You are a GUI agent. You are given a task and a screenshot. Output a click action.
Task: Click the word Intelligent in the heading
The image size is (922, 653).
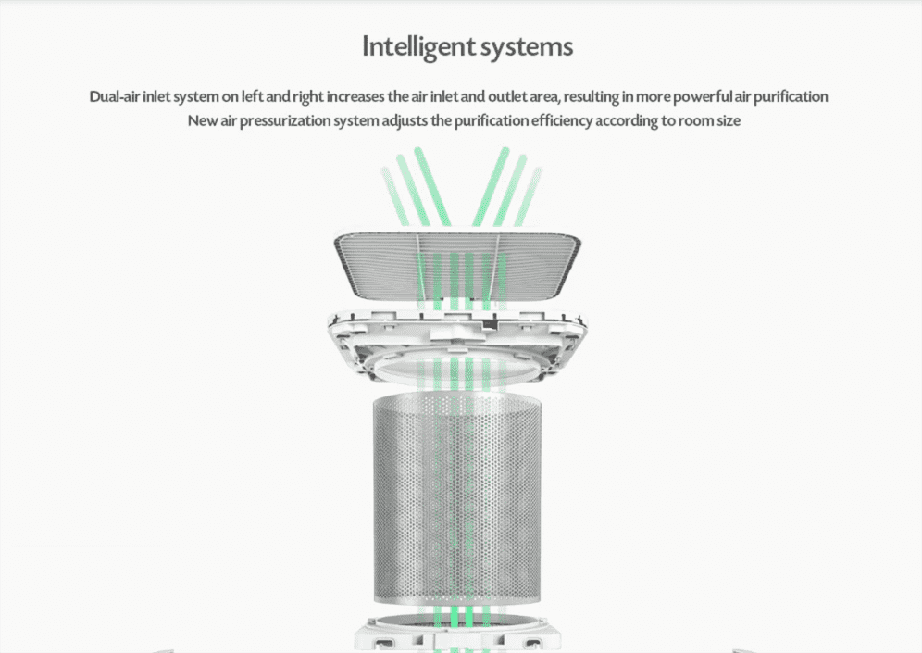[x=418, y=47]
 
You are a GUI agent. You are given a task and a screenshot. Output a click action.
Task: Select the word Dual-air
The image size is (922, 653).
[x=115, y=96]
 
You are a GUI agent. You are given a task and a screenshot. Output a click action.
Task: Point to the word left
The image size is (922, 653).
[x=253, y=96]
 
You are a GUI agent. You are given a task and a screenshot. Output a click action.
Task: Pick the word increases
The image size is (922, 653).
[x=355, y=96]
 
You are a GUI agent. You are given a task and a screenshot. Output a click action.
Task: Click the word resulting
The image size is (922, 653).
[x=591, y=97]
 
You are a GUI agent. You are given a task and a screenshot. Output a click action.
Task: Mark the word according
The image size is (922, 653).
[x=626, y=121]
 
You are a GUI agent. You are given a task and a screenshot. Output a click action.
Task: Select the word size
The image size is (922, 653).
[x=729, y=121]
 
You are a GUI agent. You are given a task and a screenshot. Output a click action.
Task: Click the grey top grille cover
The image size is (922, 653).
[x=457, y=264]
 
